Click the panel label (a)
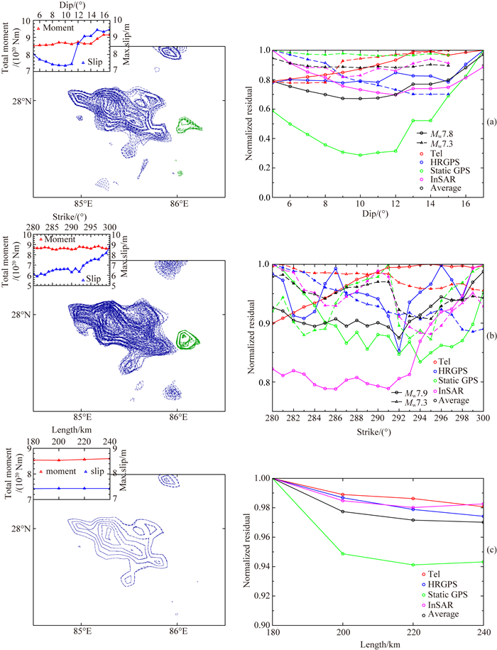(489, 123)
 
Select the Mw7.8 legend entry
(440, 133)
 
